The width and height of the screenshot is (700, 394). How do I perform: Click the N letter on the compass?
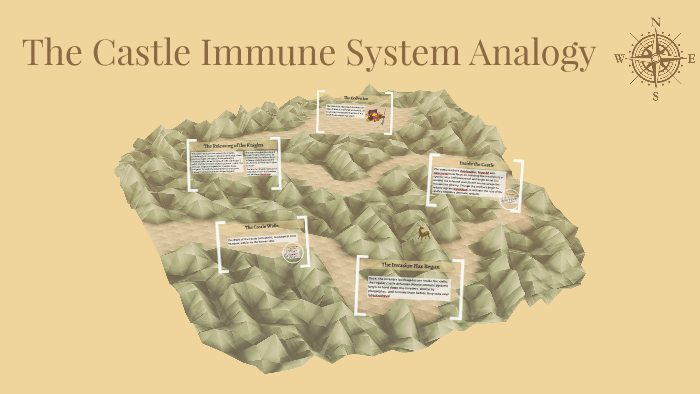click(655, 21)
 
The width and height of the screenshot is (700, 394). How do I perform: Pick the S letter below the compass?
click(655, 97)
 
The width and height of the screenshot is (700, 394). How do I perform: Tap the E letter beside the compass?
click(692, 58)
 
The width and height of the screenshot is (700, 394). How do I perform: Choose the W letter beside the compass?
click(619, 59)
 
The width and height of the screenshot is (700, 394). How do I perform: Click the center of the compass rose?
click(655, 58)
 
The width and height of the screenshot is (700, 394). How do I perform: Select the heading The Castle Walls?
click(258, 228)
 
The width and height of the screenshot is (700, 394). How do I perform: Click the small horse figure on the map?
click(424, 233)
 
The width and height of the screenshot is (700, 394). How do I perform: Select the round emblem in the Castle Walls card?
click(288, 251)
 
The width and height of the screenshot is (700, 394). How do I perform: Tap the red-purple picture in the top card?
click(379, 118)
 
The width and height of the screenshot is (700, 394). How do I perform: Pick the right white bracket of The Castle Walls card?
click(304, 245)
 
